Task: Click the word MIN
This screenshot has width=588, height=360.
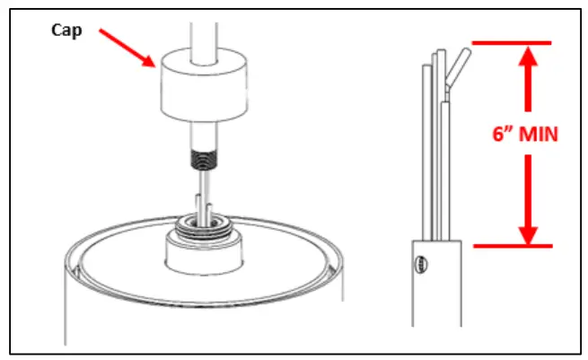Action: [x=540, y=136]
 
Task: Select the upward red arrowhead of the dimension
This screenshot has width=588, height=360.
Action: [x=527, y=59]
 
